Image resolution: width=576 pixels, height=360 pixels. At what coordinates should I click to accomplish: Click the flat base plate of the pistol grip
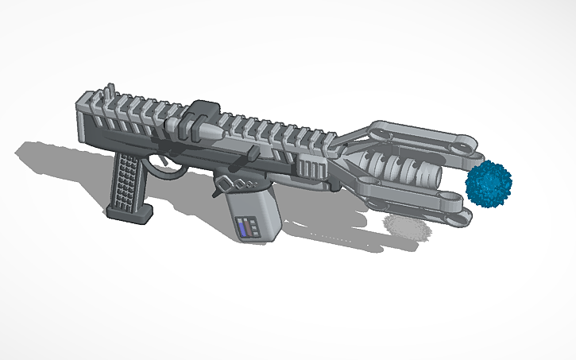[131, 212]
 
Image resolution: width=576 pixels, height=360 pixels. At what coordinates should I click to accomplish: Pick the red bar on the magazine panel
[255, 230]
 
